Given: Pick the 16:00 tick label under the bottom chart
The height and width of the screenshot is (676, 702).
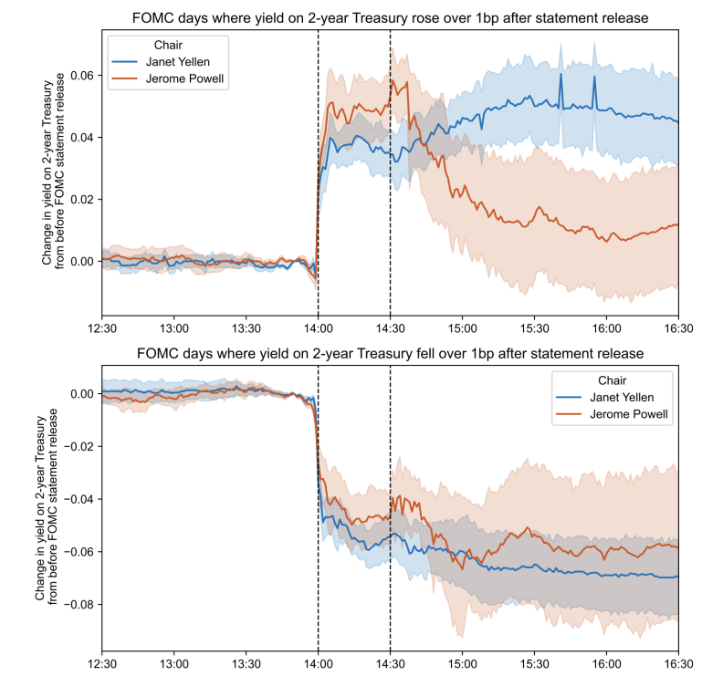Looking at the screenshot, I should [606, 655].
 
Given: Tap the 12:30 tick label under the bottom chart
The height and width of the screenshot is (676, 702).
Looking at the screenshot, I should [101, 655].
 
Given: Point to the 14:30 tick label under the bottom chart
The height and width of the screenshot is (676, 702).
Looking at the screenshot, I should [390, 655].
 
